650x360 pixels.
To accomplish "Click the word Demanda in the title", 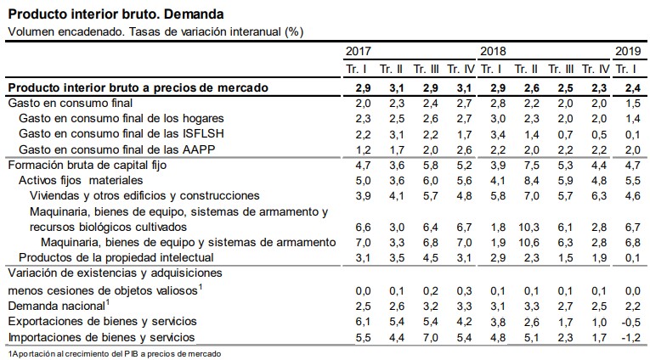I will (x=194, y=14).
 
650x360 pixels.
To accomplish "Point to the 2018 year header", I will (x=493, y=51).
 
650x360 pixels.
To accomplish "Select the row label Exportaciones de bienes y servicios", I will (x=102, y=322).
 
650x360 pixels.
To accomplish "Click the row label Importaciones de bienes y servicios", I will (x=102, y=337).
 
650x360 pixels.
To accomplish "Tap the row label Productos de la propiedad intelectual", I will (x=115, y=257).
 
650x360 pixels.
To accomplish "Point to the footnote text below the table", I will (x=111, y=352).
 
